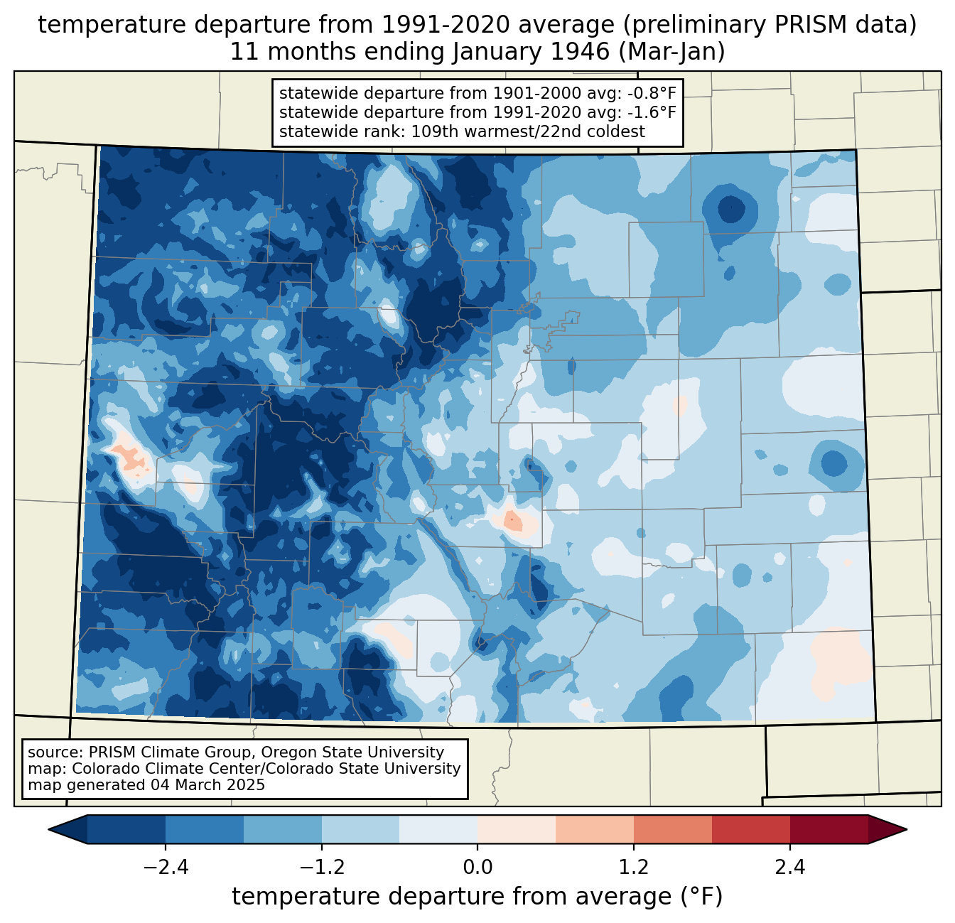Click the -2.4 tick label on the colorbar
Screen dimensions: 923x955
(166, 868)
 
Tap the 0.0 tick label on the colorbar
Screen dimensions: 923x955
(477, 868)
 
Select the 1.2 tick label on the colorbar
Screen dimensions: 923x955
(634, 868)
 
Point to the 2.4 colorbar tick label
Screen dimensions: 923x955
(789, 868)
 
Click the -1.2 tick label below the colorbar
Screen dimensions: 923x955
(322, 868)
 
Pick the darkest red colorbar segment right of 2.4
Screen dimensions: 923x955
(829, 829)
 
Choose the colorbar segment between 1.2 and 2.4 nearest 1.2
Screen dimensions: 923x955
(672, 829)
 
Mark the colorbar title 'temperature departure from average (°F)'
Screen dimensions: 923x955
(477, 897)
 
